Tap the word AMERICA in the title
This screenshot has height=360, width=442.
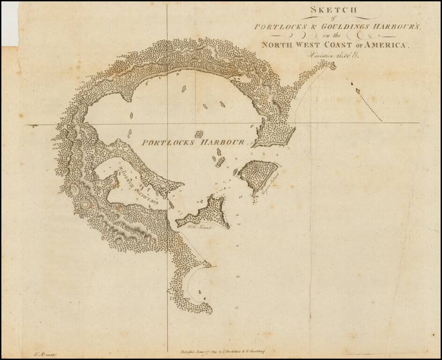coord(389,45)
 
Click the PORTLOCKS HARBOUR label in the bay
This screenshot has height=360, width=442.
coord(193,142)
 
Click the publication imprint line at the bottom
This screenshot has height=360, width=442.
coord(223,351)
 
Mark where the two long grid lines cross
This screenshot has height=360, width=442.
coord(167,124)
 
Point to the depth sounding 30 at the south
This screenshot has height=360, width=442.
coord(237,308)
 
